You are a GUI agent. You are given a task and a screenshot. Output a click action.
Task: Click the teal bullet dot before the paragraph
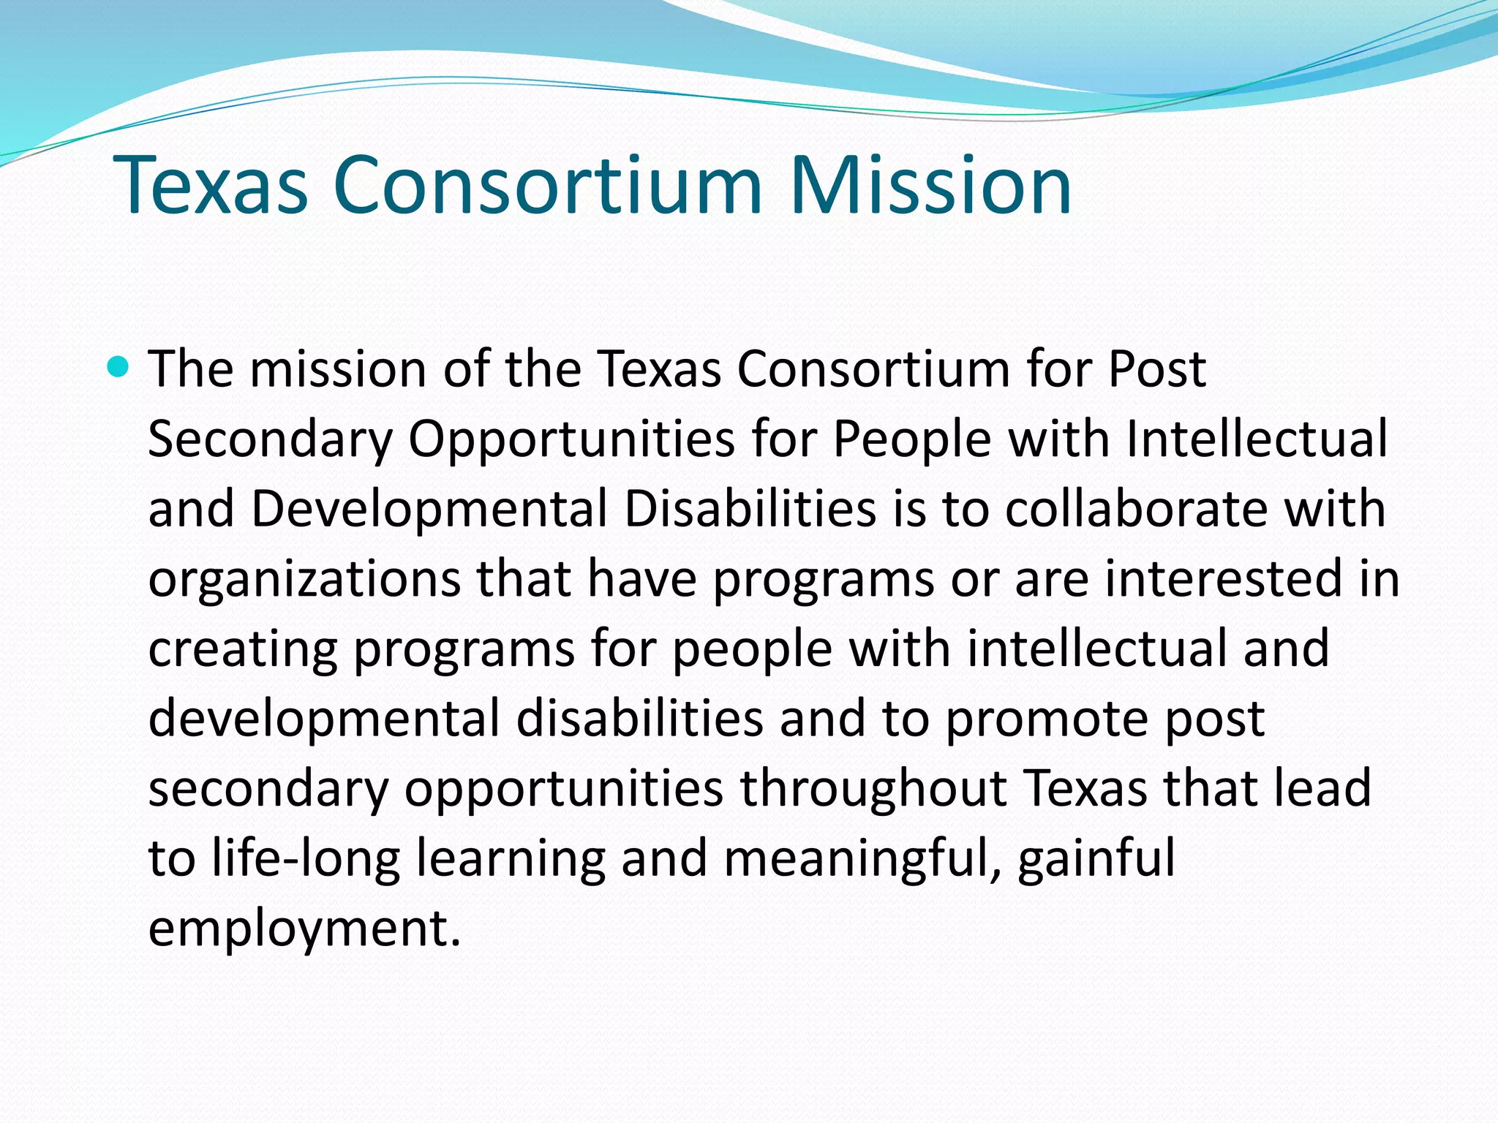pyautogui.click(x=117, y=366)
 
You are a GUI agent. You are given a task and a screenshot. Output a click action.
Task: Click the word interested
pyautogui.click(x=1223, y=578)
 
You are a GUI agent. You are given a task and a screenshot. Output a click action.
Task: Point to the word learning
pyautogui.click(x=511, y=858)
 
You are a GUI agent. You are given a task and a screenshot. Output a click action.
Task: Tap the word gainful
pyautogui.click(x=1096, y=858)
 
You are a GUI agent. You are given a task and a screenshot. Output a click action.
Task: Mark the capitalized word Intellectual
pyautogui.click(x=1256, y=439)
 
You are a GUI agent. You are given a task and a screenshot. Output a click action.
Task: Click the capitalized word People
pyautogui.click(x=912, y=439)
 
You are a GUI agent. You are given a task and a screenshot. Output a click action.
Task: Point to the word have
pyautogui.click(x=641, y=578)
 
